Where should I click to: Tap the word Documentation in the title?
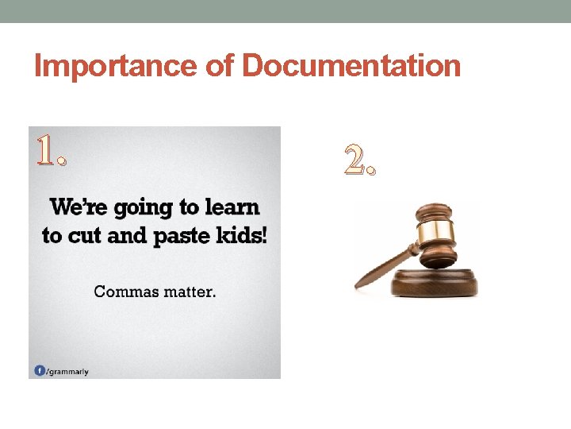click(351, 67)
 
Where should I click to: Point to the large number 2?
click(361, 161)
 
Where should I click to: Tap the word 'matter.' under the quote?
click(189, 292)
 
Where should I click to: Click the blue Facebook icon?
click(39, 370)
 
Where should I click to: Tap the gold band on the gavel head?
click(438, 231)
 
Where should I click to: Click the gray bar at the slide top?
click(285, 11)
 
